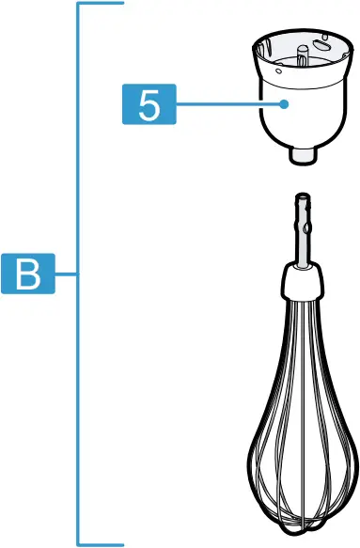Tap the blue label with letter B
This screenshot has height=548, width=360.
[x=28, y=275]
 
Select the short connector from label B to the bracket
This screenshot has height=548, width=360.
[x=67, y=275]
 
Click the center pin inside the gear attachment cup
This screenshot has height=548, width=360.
[x=302, y=54]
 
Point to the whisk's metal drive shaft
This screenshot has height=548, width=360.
[x=302, y=235]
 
